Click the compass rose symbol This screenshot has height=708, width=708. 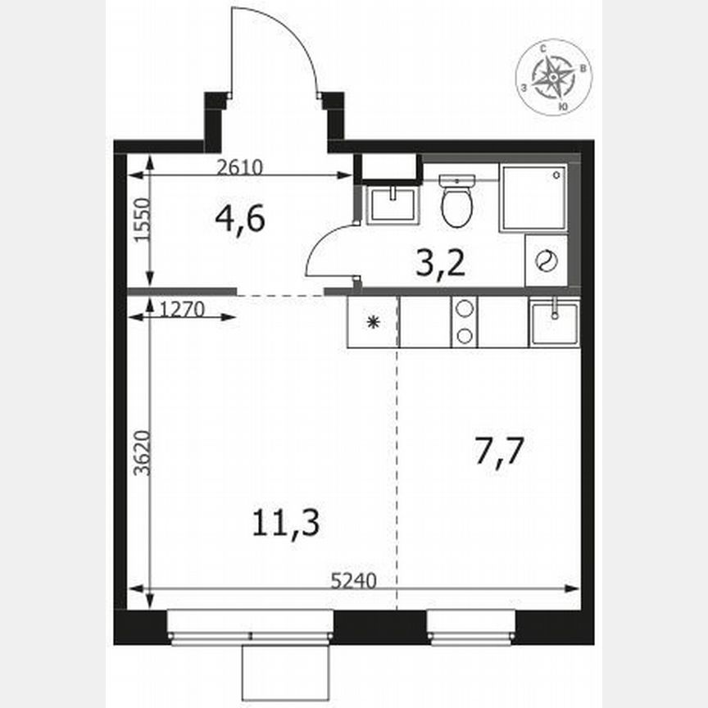555,79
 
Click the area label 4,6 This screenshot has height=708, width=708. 240,219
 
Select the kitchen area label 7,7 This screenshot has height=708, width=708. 499,451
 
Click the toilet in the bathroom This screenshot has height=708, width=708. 456,202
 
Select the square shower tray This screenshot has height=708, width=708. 533,197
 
